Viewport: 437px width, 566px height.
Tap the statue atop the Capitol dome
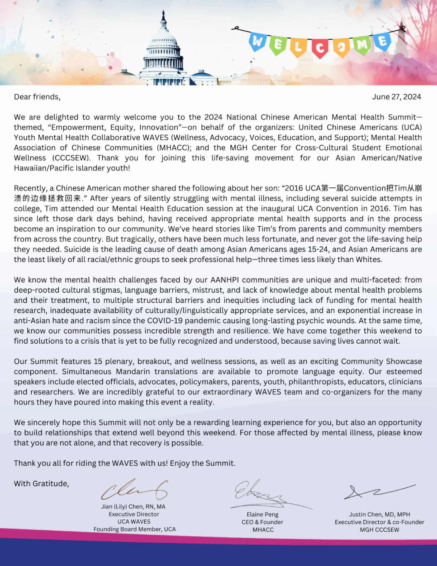tap(163, 15)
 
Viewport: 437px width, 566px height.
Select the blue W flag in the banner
tap(258, 42)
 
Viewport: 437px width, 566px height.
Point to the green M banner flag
tap(362, 45)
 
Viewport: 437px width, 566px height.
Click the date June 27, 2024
tap(396, 97)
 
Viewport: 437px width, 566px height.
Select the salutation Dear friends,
tap(37, 97)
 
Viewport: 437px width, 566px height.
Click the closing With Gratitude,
tap(42, 484)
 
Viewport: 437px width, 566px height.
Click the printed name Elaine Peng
tap(262, 515)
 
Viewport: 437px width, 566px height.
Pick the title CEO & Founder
tap(262, 522)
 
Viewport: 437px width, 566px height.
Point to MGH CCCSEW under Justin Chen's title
tap(379, 530)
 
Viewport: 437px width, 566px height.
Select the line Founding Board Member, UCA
tap(134, 530)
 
